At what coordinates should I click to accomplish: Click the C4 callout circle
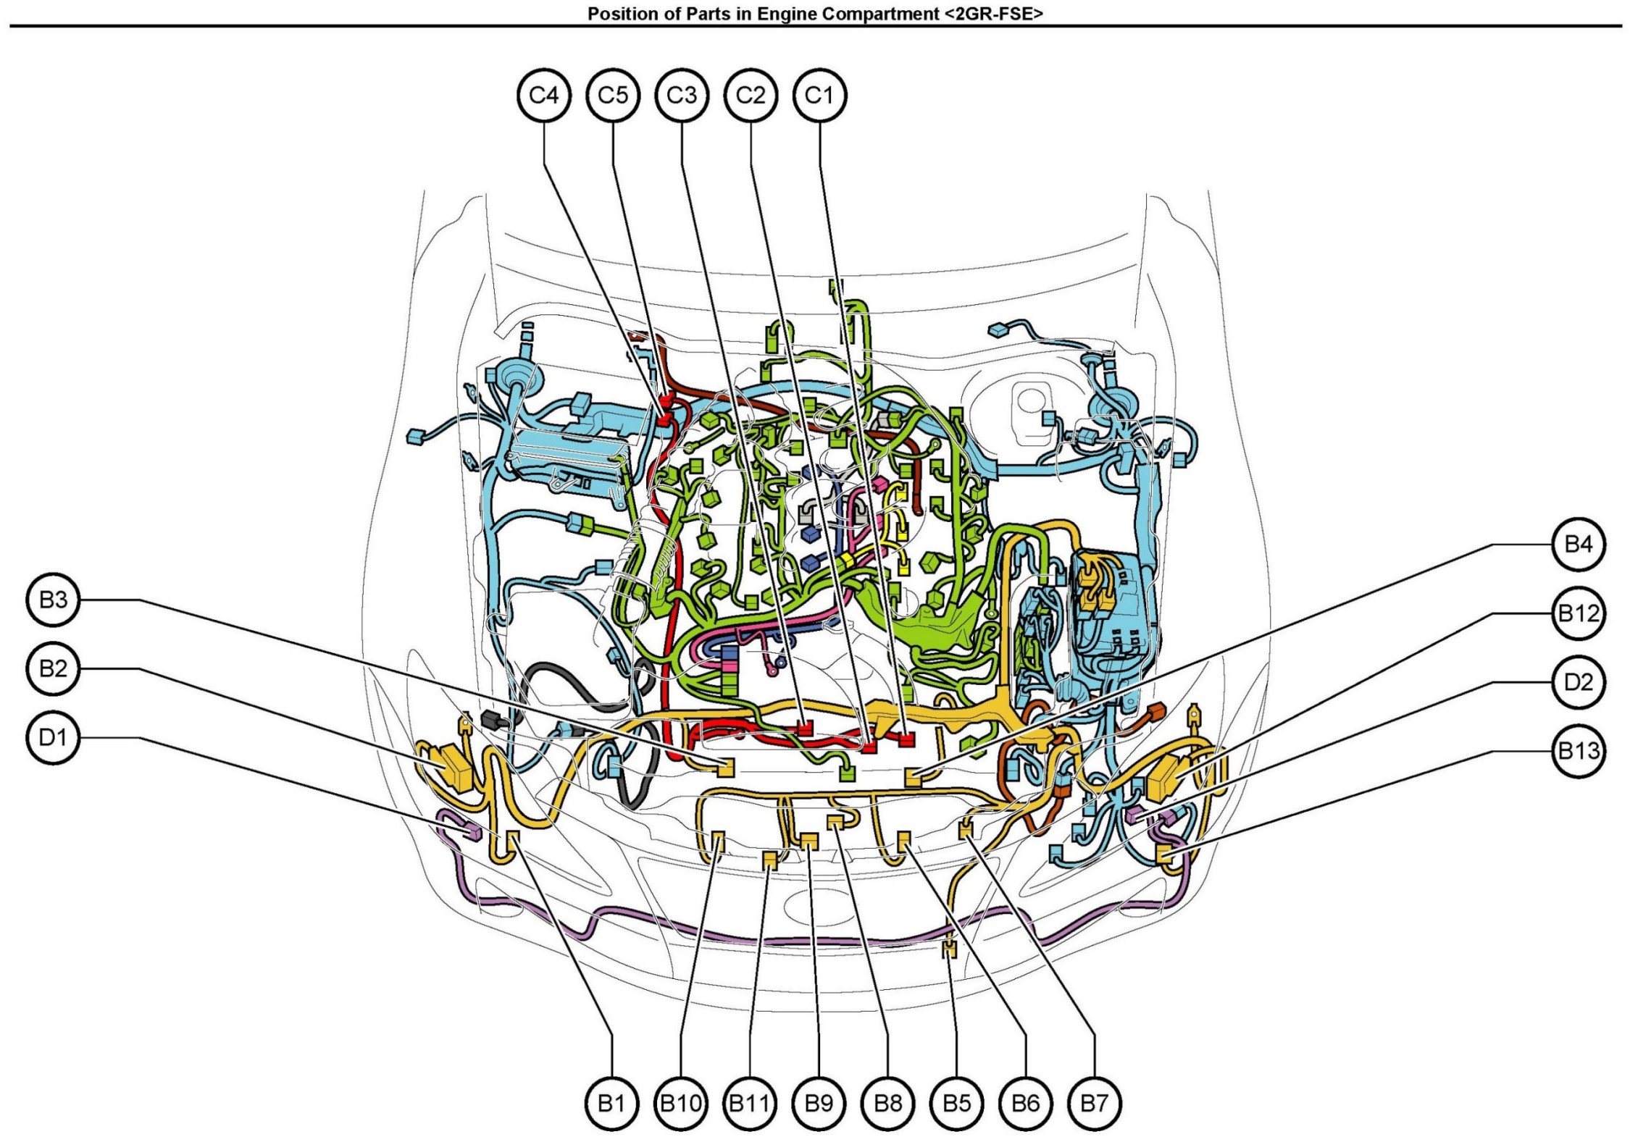click(x=544, y=95)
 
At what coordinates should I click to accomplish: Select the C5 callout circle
click(x=613, y=95)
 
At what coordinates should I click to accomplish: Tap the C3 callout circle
click(x=682, y=95)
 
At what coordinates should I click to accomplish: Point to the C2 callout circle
click(x=751, y=95)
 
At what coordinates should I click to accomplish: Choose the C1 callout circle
click(x=820, y=95)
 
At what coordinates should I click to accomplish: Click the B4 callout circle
click(x=1579, y=544)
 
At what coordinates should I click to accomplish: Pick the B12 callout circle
click(x=1579, y=613)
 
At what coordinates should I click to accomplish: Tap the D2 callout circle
click(x=1579, y=682)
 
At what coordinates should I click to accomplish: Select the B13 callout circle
click(x=1579, y=751)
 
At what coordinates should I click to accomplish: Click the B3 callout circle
click(x=53, y=600)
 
